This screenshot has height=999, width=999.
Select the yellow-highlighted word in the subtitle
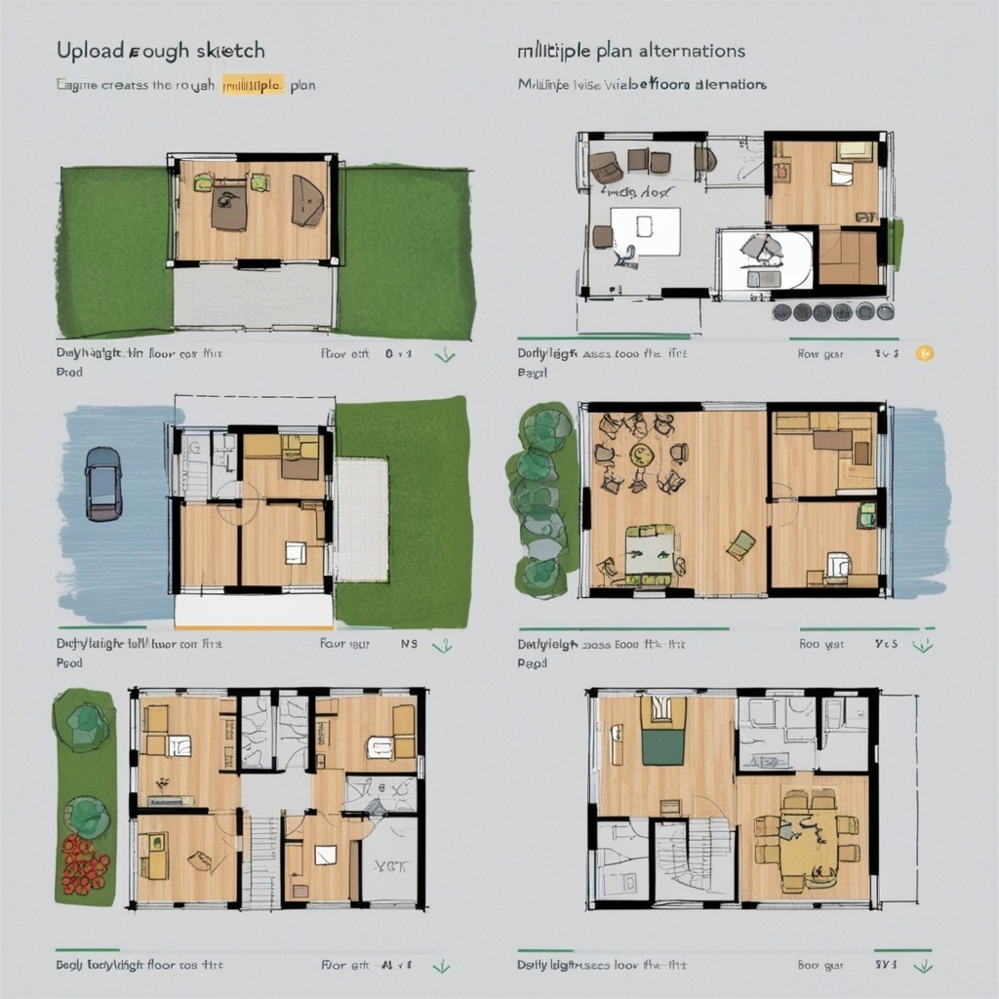tap(253, 85)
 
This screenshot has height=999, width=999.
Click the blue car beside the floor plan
tap(102, 483)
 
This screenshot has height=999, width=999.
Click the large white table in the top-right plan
tap(645, 230)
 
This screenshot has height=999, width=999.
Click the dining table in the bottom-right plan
tap(809, 842)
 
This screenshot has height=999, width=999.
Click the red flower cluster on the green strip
tap(85, 863)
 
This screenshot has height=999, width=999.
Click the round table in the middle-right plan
tap(641, 455)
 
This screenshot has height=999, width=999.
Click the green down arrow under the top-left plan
tap(445, 355)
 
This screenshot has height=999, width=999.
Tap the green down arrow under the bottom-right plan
tap(919, 966)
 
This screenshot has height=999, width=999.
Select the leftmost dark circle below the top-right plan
tap(782, 312)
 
